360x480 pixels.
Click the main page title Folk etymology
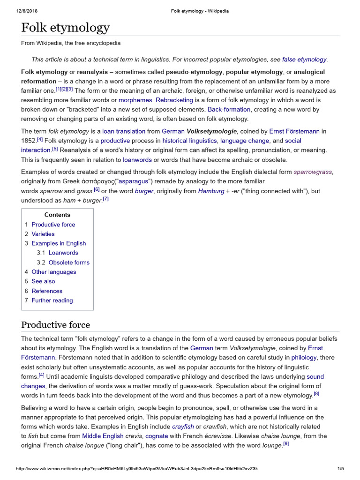pyautogui.click(x=65, y=28)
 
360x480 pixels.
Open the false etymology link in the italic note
pyautogui.click(x=304, y=60)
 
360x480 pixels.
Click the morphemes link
pyautogui.click(x=135, y=100)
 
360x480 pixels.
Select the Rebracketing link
pyautogui.click(x=174, y=100)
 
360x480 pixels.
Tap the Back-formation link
pyautogui.click(x=229, y=110)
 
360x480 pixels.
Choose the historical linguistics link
pyautogui.click(x=190, y=141)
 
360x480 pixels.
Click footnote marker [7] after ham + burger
pyautogui.click(x=105, y=199)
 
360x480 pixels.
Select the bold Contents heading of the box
pyautogui.click(x=57, y=215)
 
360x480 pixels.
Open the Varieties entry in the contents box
pyautogui.click(x=43, y=234)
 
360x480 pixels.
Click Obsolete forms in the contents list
pyautogui.click(x=69, y=262)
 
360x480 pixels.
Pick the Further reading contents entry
pyautogui.click(x=52, y=300)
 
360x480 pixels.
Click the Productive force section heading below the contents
pyautogui.click(x=56, y=325)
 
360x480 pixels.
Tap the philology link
pyautogui.click(x=304, y=358)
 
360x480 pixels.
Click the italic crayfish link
pyautogui.click(x=183, y=427)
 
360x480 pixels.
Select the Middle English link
pyautogui.click(x=103, y=436)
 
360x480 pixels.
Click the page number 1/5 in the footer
pyautogui.click(x=341, y=469)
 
